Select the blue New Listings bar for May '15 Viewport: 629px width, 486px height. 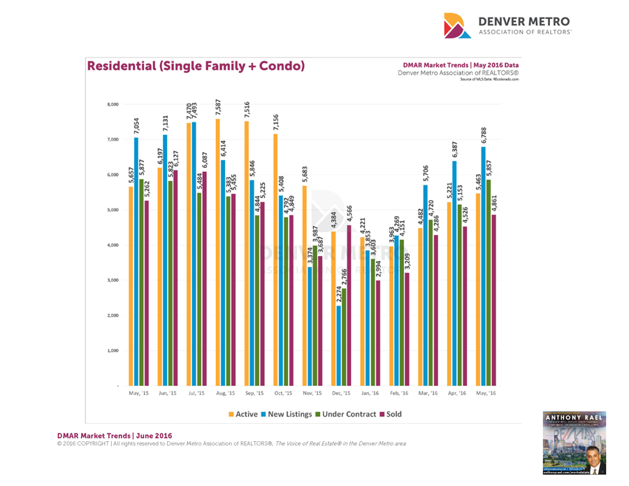(x=136, y=266)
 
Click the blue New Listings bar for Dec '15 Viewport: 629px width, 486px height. (x=339, y=346)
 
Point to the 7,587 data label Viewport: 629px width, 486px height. (x=218, y=109)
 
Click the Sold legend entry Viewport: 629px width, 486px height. (x=392, y=414)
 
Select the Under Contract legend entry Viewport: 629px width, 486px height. (x=348, y=414)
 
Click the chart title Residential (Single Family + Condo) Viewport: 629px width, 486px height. (x=196, y=66)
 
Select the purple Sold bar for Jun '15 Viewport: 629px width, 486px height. (x=174, y=280)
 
